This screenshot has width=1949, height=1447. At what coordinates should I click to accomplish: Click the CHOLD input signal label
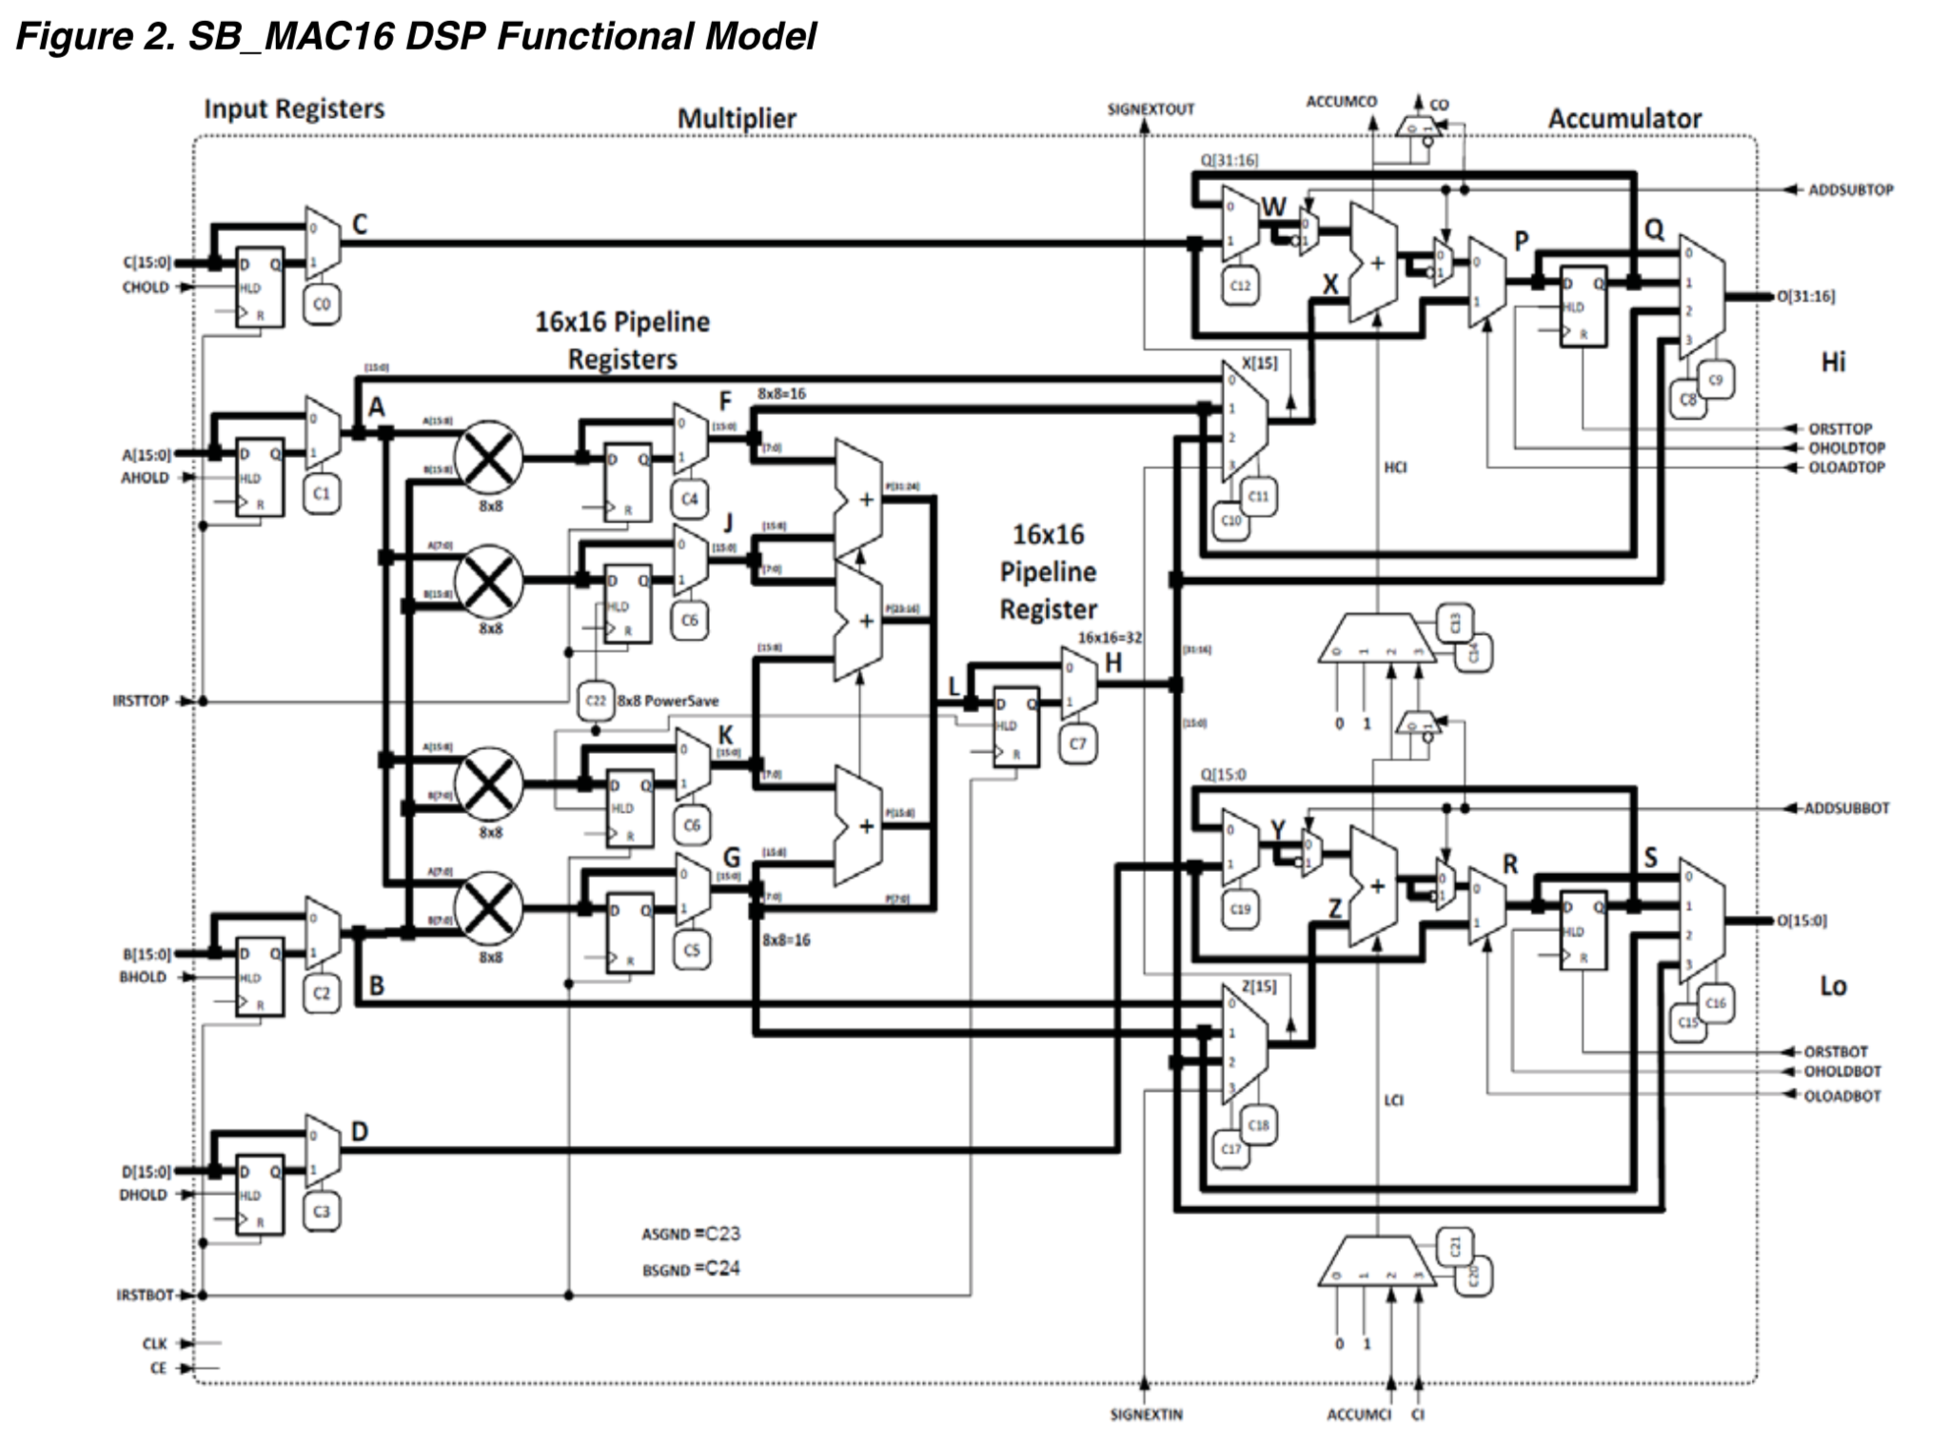point(145,287)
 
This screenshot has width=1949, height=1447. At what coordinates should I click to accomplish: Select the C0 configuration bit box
point(322,304)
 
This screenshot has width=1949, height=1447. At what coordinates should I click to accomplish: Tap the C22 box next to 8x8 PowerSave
point(596,701)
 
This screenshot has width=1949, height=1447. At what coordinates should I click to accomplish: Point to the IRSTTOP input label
point(140,701)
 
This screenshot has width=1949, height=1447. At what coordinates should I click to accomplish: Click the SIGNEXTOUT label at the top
point(1151,109)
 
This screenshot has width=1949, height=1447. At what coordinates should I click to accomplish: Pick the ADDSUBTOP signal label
point(1850,189)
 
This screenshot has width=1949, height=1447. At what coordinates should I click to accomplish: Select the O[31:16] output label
point(1805,296)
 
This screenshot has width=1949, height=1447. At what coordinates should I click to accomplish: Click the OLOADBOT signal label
point(1842,1096)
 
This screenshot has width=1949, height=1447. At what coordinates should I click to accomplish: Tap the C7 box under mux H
point(1077,743)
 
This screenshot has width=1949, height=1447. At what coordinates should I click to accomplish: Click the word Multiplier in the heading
point(737,119)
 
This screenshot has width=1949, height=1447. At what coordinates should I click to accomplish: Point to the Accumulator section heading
point(1624,119)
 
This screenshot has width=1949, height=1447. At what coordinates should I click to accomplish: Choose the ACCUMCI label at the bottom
point(1358,1415)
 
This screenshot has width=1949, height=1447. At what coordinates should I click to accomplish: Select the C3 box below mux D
point(322,1212)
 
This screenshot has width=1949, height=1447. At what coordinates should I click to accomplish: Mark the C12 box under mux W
point(1240,286)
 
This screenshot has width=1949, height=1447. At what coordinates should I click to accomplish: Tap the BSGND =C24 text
point(691,1269)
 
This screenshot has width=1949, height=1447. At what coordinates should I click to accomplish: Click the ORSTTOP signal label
point(1840,428)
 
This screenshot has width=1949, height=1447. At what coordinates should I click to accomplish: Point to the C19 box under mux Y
point(1240,909)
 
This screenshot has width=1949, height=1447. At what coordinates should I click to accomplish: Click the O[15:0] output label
point(1801,921)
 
